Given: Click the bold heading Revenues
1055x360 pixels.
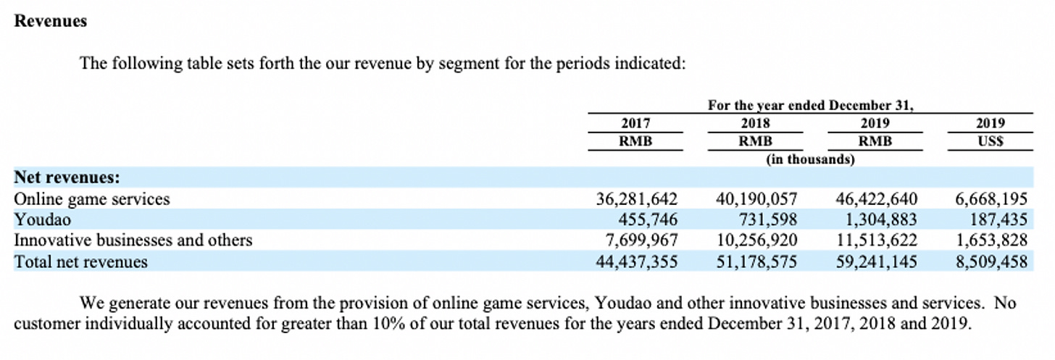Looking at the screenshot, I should pos(51,21).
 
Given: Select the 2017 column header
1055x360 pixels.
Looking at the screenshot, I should pos(635,123).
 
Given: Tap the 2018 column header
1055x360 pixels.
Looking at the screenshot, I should pos(756,123).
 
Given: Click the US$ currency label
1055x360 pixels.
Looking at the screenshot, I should pos(991,141).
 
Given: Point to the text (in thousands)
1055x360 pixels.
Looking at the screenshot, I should pos(810,159).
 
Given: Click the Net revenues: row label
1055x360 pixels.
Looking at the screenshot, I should pos(67,177).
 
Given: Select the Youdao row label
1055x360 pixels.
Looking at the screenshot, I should pos(43,219).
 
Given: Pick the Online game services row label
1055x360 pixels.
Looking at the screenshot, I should pos(92,198).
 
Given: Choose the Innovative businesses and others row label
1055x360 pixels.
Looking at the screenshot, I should pos(133,240).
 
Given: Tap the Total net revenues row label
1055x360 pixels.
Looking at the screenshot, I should pos(81,261).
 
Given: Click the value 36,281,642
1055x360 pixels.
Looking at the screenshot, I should pos(637,198).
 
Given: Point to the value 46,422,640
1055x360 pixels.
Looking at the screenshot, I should pos(876,198).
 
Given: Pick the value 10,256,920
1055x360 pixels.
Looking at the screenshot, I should pos(756,240).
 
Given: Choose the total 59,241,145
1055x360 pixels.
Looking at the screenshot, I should pos(876,261).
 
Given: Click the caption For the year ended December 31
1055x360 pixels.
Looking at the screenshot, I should pos(810,106).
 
